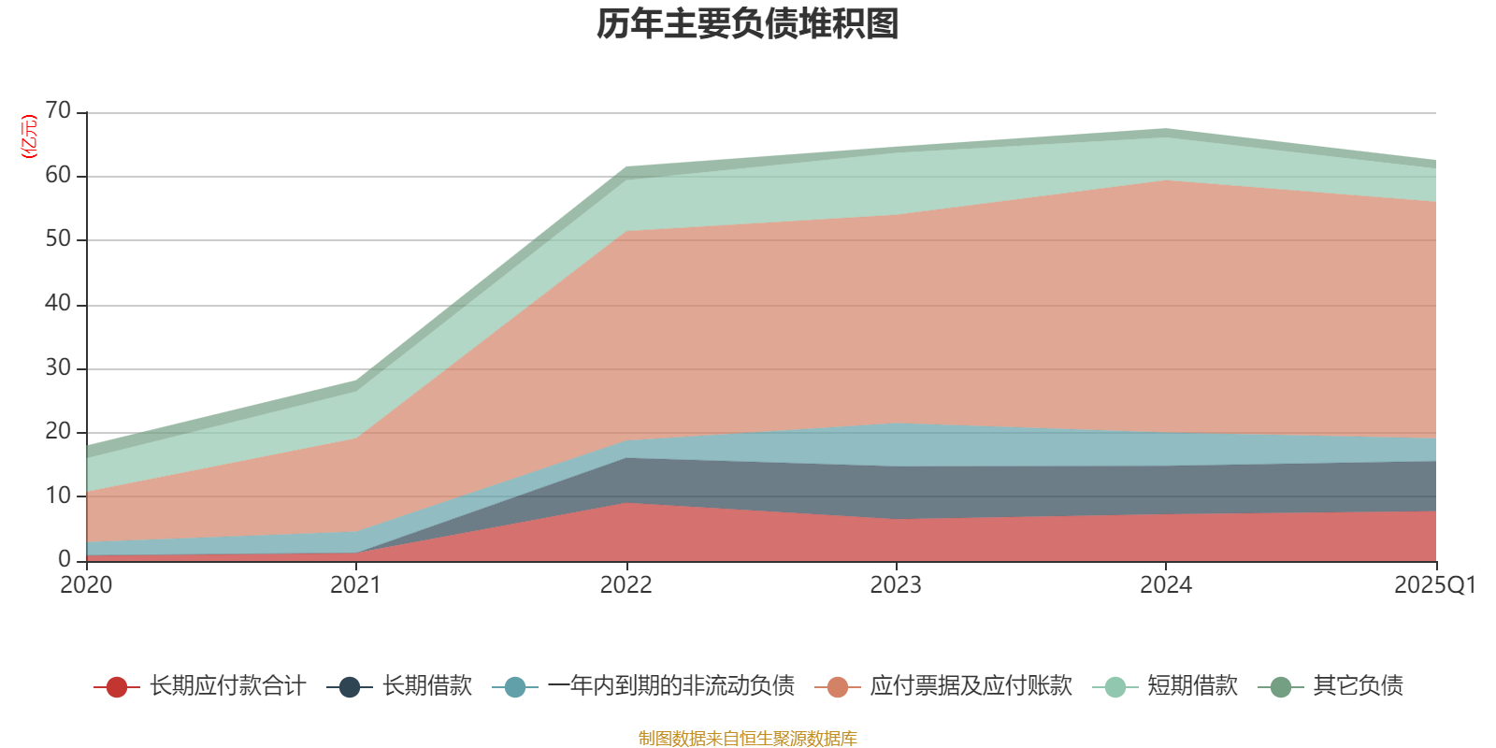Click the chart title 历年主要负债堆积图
pyautogui.click(x=748, y=24)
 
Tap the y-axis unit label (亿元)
pyautogui.click(x=29, y=137)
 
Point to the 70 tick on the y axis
pyautogui.click(x=58, y=111)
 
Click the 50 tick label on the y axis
pyautogui.click(x=58, y=239)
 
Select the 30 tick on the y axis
pyautogui.click(x=58, y=367)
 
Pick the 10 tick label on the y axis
pyautogui.click(x=58, y=496)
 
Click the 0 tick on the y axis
pyautogui.click(x=65, y=559)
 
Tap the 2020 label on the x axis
pyautogui.click(x=86, y=585)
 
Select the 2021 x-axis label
pyautogui.click(x=355, y=585)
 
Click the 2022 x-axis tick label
pyautogui.click(x=626, y=585)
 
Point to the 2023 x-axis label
pyautogui.click(x=896, y=585)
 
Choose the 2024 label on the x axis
pyautogui.click(x=1165, y=585)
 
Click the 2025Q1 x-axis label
pyautogui.click(x=1434, y=585)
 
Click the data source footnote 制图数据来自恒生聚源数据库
pyautogui.click(x=748, y=739)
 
